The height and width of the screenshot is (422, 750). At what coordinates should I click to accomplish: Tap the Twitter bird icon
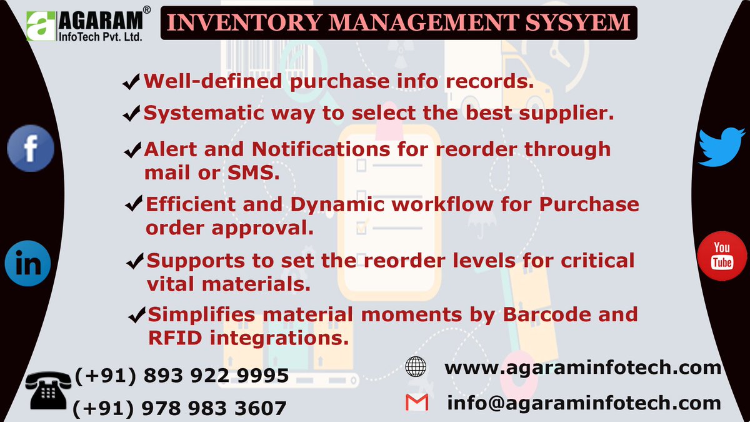[x=721, y=146]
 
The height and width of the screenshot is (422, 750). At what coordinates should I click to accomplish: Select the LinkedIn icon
[x=27, y=264]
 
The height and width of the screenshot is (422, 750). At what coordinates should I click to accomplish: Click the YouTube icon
[x=721, y=255]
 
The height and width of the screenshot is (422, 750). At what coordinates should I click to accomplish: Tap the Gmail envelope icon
[x=416, y=403]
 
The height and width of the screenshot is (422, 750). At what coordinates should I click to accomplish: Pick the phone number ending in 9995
[x=181, y=376]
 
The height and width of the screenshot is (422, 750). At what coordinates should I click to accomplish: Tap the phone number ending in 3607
[x=180, y=409]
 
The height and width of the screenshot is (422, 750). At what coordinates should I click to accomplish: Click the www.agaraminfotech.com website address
[x=582, y=367]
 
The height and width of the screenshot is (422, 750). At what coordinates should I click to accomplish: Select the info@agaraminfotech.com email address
[x=584, y=403]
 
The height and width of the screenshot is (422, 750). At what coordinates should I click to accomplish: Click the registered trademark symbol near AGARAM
[x=146, y=11]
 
